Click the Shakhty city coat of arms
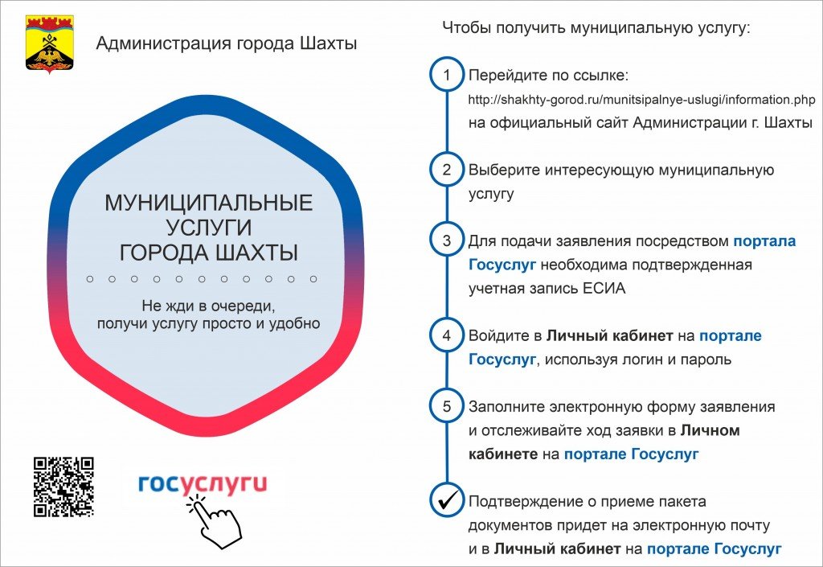[50, 44]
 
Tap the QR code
[63, 487]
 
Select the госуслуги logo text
[203, 484]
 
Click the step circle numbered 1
[447, 75]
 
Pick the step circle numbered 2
[447, 170]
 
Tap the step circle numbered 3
[447, 240]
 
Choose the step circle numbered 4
[447, 335]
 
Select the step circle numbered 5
[447, 406]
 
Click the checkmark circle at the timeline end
[447, 501]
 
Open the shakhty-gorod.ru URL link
[641, 100]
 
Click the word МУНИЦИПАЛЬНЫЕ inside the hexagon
[209, 203]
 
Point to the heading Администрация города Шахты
[226, 43]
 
